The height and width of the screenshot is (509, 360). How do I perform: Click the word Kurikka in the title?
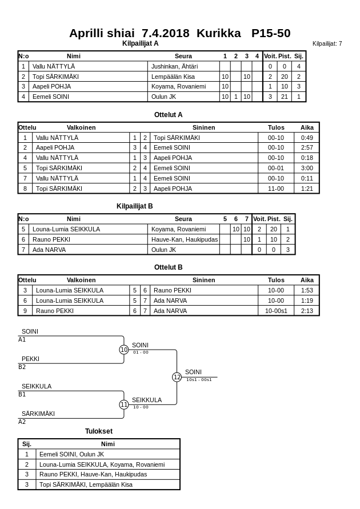[218, 33]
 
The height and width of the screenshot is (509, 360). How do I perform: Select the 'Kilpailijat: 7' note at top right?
[327, 43]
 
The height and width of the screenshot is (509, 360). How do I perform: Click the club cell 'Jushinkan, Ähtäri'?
[174, 66]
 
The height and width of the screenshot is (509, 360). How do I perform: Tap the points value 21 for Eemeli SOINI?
[285, 97]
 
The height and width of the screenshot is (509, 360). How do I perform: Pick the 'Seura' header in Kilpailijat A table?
[183, 56]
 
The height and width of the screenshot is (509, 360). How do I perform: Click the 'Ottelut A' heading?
[169, 115]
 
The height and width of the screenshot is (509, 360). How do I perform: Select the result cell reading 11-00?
[276, 189]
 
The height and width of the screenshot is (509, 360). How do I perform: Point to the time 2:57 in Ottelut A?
[307, 147]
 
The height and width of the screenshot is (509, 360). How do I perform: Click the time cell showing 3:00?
[307, 168]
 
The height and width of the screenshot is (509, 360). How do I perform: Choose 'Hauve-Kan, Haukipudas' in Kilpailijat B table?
[185, 239]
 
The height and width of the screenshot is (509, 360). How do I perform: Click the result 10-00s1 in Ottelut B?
[276, 311]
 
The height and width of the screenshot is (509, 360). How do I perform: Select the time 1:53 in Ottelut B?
[307, 290]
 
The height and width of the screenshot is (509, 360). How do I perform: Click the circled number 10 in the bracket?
[124, 350]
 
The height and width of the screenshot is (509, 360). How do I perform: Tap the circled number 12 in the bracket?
[177, 377]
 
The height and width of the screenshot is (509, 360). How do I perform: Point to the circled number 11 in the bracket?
[124, 404]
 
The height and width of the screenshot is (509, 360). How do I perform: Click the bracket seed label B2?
[22, 367]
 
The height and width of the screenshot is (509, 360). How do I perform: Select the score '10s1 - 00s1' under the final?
[199, 380]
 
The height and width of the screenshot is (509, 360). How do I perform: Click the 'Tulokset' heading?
[99, 431]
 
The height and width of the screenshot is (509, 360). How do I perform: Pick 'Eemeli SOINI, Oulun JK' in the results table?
[71, 454]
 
